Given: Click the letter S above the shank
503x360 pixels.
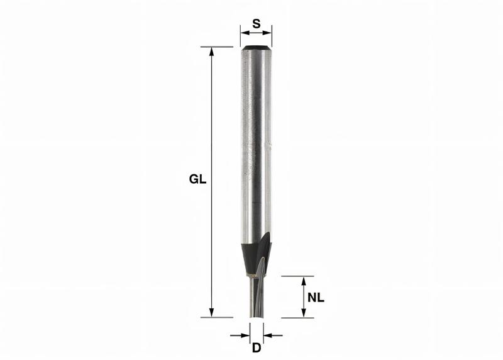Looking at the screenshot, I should tap(256, 23).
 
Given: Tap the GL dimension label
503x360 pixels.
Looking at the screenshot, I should tap(197, 179).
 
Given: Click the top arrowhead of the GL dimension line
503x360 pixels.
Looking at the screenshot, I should tap(212, 51).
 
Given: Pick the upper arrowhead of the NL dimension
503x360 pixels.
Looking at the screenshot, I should tap(304, 280).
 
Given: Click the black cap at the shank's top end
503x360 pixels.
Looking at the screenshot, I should tap(256, 47).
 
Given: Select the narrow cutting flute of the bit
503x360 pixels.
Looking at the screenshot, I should tap(256, 299).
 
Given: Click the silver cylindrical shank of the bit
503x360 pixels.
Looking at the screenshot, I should tap(256, 145).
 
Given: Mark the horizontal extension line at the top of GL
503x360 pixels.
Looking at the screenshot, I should tap(217, 47).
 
